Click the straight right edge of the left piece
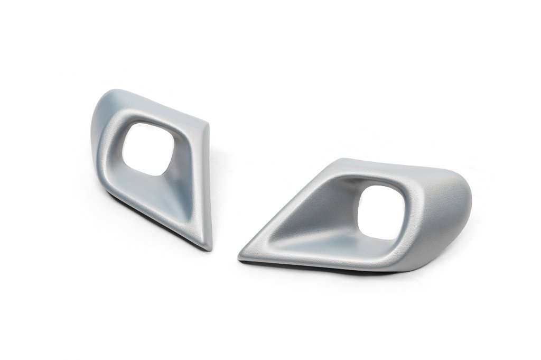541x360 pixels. pos(209,185)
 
